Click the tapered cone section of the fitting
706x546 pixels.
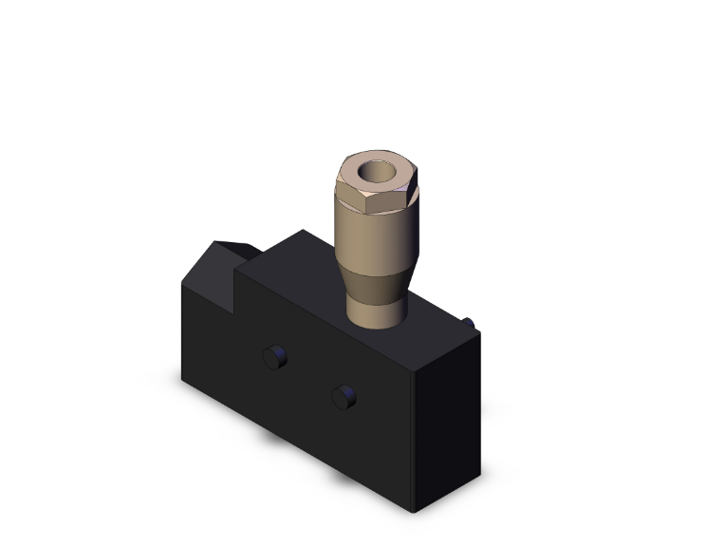point(376,279)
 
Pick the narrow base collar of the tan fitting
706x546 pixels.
point(376,311)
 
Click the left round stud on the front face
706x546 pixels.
point(273,357)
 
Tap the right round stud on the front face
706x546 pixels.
point(343,396)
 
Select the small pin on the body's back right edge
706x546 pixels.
point(470,324)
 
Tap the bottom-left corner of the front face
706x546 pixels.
point(183,378)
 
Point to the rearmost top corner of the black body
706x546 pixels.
point(302,230)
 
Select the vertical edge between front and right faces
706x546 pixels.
point(415,437)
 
